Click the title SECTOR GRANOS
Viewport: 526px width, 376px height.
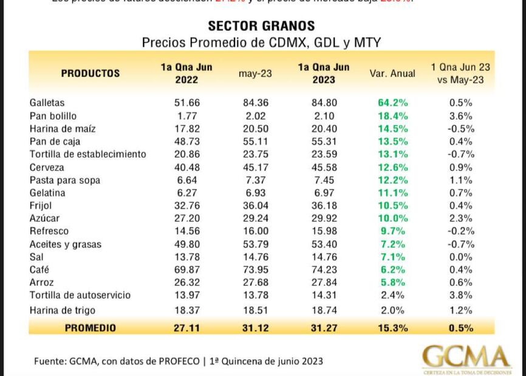[x=261, y=26]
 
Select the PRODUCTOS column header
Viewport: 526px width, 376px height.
[x=91, y=73]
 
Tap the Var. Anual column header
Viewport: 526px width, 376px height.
[x=392, y=73]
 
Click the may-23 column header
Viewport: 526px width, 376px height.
[x=255, y=74]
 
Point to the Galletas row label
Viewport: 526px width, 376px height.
[x=47, y=103]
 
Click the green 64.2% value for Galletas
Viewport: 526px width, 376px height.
[x=392, y=103]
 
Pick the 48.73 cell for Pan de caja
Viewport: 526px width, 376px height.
[x=187, y=142]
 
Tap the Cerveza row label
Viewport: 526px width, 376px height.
[x=47, y=167]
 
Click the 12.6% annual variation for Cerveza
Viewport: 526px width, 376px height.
[x=392, y=167]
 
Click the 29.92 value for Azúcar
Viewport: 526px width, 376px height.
[x=324, y=218]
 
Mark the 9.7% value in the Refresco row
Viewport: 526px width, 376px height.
[x=392, y=231]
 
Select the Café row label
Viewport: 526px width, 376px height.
[x=39, y=270]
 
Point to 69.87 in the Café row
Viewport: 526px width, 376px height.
[x=187, y=270]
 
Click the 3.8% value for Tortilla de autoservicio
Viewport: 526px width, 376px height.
[x=460, y=295]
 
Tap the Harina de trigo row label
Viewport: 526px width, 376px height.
[x=63, y=311]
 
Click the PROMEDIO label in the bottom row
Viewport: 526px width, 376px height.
[x=90, y=328]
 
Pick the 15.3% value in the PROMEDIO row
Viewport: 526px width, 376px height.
[x=392, y=328]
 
